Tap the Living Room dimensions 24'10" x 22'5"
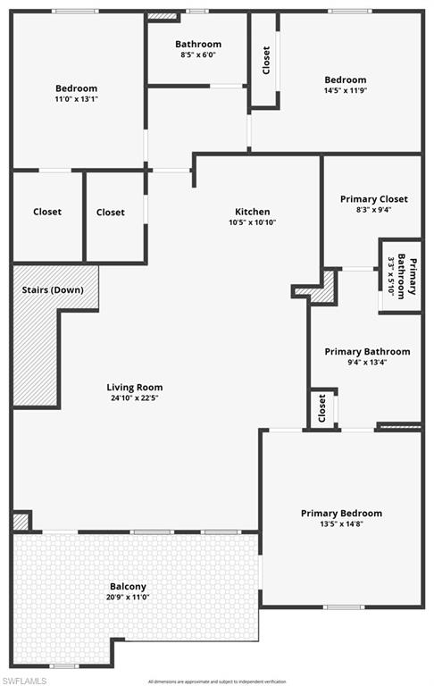coord(135,399)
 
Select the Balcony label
coord(128,586)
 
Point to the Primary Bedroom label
coord(341,513)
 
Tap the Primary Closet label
coord(373,199)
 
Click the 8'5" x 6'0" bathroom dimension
coord(197,54)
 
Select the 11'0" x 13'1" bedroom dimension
coord(76,99)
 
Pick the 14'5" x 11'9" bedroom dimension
coord(345,90)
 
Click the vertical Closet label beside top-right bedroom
coord(265,60)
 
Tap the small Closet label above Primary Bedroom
coord(322,409)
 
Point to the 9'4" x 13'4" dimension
coord(367,363)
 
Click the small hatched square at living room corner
coord(21,521)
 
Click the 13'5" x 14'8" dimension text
coord(341,524)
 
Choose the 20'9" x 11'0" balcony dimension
coord(128,597)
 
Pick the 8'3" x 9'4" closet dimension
coord(373,210)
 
